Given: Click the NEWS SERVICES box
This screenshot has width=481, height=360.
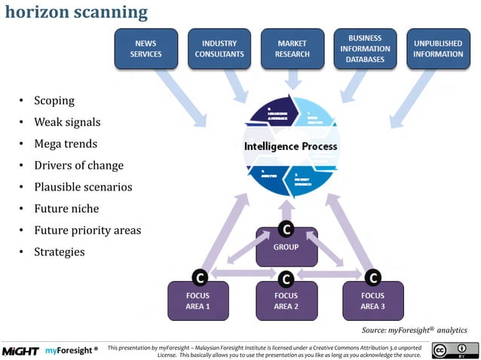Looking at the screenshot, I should click(146, 49).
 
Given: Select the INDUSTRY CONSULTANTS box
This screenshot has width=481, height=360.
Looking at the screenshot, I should click(219, 49).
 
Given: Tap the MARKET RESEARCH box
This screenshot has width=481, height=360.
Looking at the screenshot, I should click(293, 49).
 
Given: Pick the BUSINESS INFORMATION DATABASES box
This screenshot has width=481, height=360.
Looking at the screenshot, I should click(365, 49).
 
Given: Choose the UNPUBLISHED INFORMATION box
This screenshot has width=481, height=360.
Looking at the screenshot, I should click(438, 49).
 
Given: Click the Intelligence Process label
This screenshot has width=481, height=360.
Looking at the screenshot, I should click(290, 145).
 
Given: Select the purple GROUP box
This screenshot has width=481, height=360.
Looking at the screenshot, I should click(286, 248).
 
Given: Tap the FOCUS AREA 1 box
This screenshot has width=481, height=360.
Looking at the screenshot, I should click(198, 301).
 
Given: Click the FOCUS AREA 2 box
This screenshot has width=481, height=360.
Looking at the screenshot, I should click(286, 301).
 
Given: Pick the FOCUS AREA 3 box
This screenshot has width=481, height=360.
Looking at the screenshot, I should click(372, 301).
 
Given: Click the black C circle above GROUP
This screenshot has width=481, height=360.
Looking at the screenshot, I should click(286, 228).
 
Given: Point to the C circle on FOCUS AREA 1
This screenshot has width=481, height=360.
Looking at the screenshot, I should click(199, 278).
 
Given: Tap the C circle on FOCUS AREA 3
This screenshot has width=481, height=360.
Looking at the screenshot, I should click(372, 278).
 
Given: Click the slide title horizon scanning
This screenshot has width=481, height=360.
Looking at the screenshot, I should click(76, 12).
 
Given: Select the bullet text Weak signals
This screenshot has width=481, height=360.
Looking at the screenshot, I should click(66, 122).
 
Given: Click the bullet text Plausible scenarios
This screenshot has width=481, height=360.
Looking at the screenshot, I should click(82, 187).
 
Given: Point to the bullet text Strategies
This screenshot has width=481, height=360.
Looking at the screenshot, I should click(59, 252).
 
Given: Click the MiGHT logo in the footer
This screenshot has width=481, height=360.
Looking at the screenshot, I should click(20, 351).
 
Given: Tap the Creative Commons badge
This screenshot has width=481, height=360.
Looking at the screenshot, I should click(455, 350).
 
